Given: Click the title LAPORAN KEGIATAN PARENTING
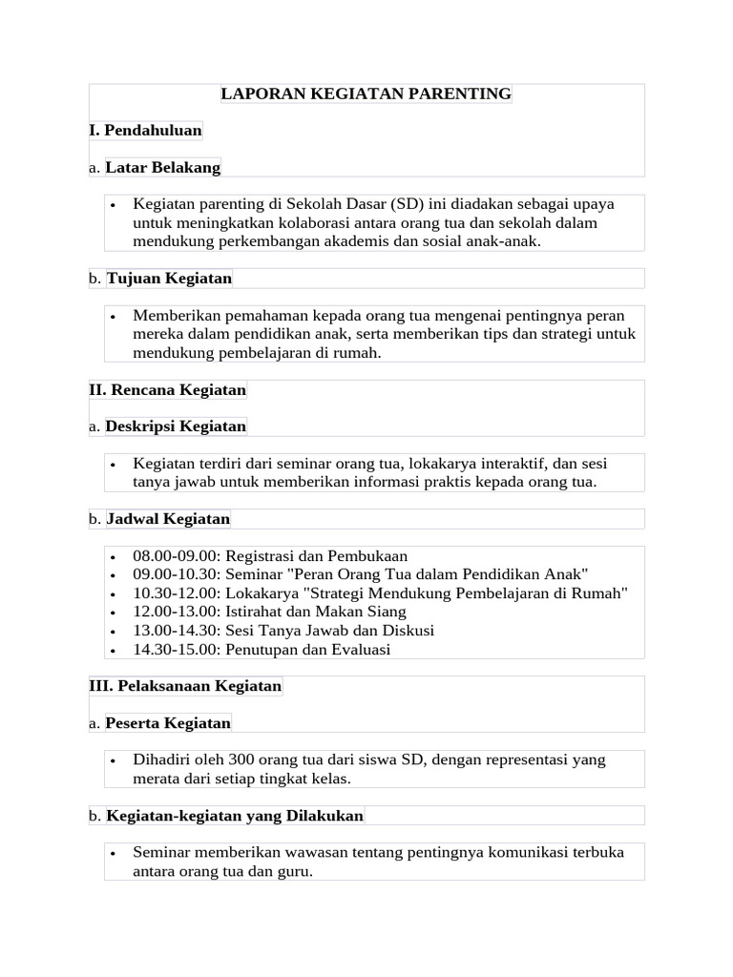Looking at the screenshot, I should (x=366, y=94).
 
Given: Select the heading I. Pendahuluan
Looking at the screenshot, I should (x=145, y=130).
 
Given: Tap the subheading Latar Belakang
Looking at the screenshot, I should (x=162, y=167).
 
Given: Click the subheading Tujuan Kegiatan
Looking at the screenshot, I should (x=169, y=278).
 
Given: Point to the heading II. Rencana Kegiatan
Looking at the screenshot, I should (x=167, y=389).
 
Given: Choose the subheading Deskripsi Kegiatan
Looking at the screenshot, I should (x=176, y=426).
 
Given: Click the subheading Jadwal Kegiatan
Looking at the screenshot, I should (x=168, y=518).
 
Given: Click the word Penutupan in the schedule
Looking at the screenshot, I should (x=259, y=649).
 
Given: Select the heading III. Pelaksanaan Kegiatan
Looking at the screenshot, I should (x=185, y=685).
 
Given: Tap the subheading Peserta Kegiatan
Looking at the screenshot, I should (x=168, y=722).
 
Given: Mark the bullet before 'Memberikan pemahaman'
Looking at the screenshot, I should (x=113, y=316).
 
